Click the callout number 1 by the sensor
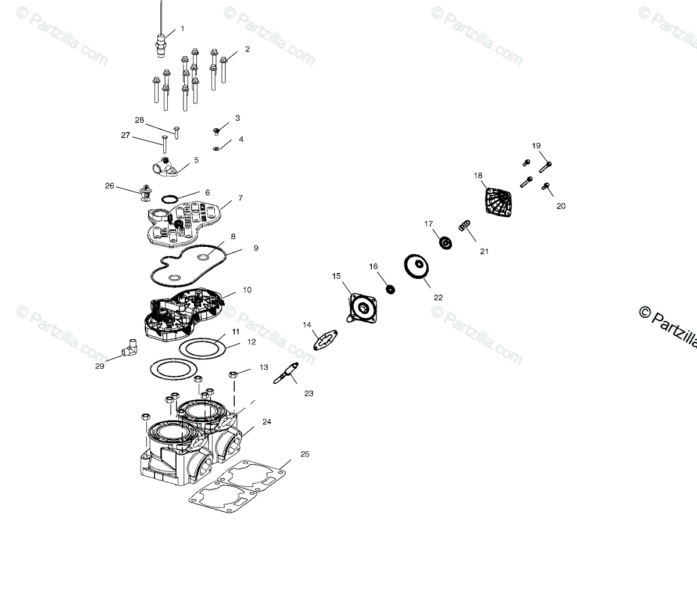(x=182, y=28)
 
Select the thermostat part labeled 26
(x=142, y=192)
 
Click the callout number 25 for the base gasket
(x=305, y=454)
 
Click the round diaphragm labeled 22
(x=417, y=266)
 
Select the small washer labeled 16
(x=390, y=289)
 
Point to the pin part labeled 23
(x=286, y=373)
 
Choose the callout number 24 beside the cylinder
(x=267, y=422)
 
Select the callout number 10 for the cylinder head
(x=247, y=290)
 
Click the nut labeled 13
(x=232, y=373)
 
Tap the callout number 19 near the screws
(x=536, y=146)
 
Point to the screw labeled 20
(x=545, y=186)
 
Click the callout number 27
(x=125, y=135)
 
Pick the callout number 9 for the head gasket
(x=256, y=248)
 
